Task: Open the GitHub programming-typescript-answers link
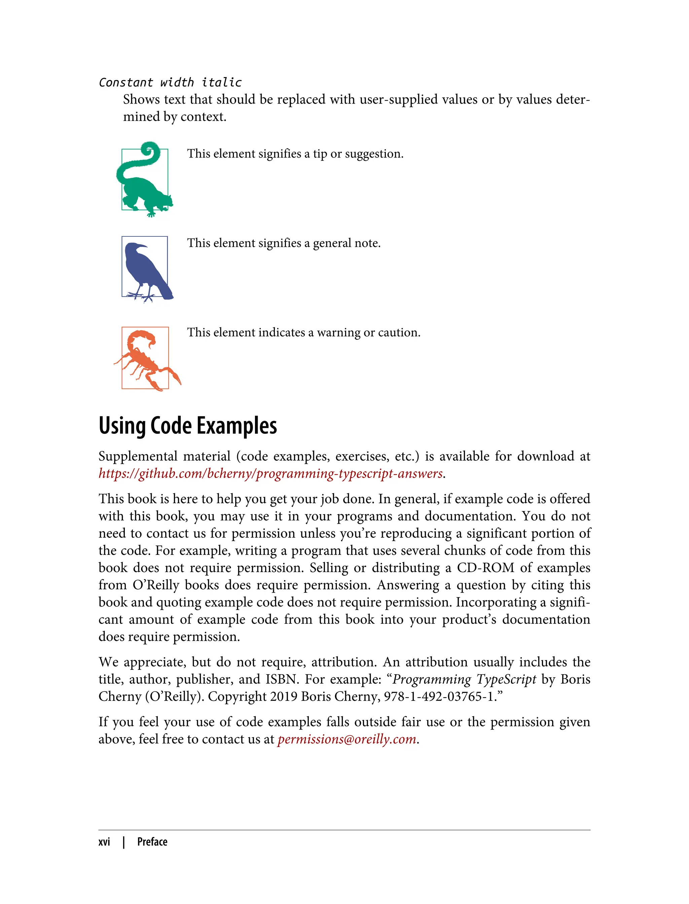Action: (x=271, y=474)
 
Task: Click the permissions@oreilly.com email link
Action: (x=347, y=739)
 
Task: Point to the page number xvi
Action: (x=104, y=842)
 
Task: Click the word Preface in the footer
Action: (x=152, y=842)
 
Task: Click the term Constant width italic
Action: (x=170, y=82)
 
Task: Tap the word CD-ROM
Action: (x=485, y=568)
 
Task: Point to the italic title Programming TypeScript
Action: (x=464, y=679)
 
